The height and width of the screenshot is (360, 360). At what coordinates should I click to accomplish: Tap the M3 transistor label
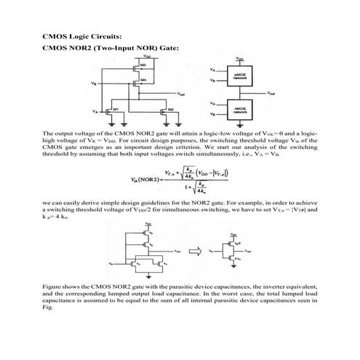[145, 66]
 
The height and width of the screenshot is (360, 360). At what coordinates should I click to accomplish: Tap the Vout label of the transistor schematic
[180, 95]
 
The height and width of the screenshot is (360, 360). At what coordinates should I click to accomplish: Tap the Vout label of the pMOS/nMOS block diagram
[271, 93]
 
